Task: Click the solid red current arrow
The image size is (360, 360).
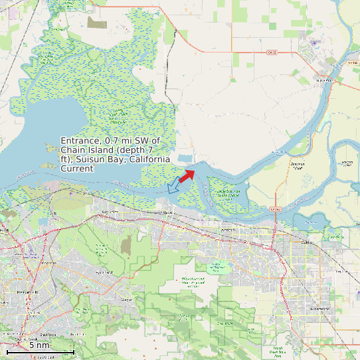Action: coord(187,175)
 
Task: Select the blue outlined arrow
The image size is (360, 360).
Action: coord(175,185)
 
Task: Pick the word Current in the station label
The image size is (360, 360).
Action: coord(77,169)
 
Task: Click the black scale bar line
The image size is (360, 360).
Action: coord(40,351)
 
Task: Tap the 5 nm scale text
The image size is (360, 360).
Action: coord(39,345)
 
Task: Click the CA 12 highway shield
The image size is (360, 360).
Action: coord(272,52)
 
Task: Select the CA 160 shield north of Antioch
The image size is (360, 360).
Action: coord(276,209)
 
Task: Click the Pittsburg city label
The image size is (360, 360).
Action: coord(167,213)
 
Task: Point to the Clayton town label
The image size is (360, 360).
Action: coord(126,300)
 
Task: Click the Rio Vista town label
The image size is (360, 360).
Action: coord(323,80)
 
